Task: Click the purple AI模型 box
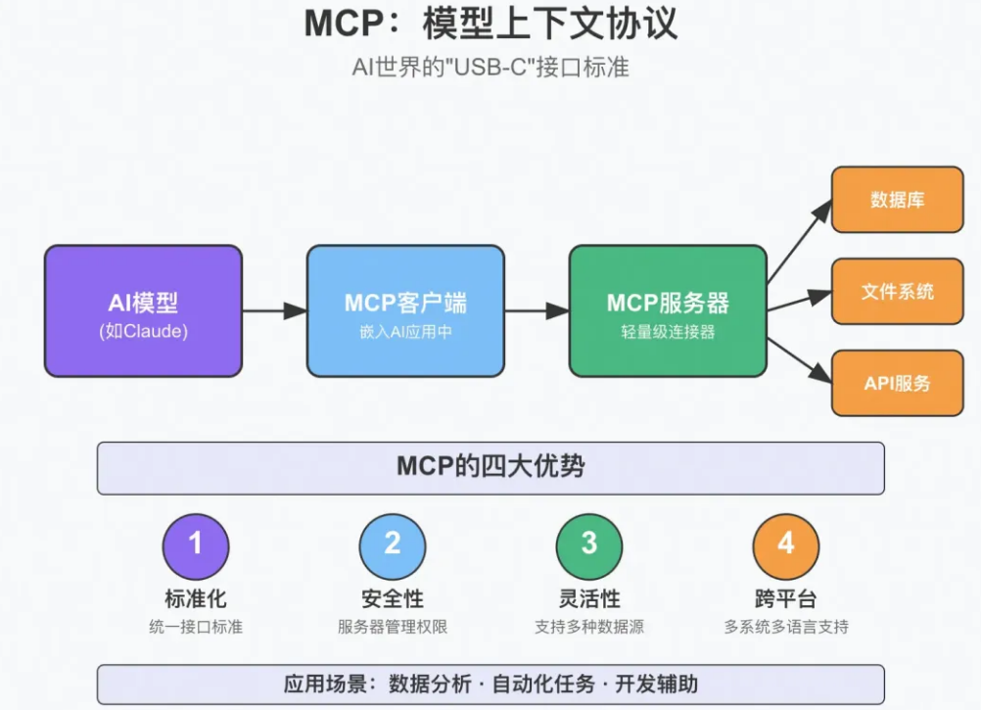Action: (x=143, y=310)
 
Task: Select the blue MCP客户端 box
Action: (x=405, y=310)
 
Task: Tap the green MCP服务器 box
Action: (x=668, y=310)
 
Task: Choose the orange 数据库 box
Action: (x=897, y=200)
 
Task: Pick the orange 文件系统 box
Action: (x=897, y=291)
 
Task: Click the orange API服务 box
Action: (x=897, y=383)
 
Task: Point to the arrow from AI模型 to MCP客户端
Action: (x=274, y=310)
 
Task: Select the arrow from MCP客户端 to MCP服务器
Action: (x=537, y=310)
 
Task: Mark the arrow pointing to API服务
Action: (x=799, y=358)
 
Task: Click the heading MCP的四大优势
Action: (x=490, y=467)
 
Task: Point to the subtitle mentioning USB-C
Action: (x=490, y=68)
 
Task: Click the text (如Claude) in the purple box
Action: (x=143, y=331)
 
